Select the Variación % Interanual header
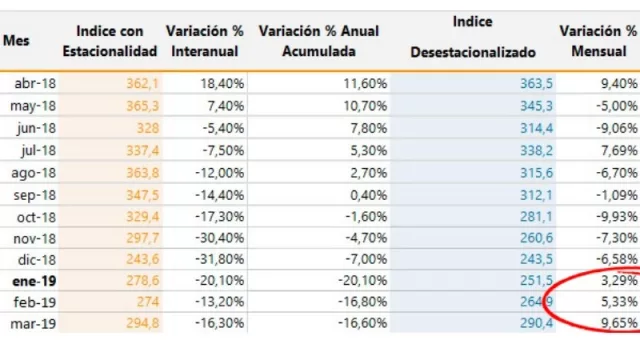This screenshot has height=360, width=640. (204, 41)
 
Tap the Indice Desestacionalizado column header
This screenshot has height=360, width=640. (473, 41)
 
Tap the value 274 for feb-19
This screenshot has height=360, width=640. (146, 300)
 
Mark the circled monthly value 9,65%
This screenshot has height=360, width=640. (616, 322)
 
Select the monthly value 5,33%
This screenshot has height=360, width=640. (616, 300)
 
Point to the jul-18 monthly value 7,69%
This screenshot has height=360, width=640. (616, 148)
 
